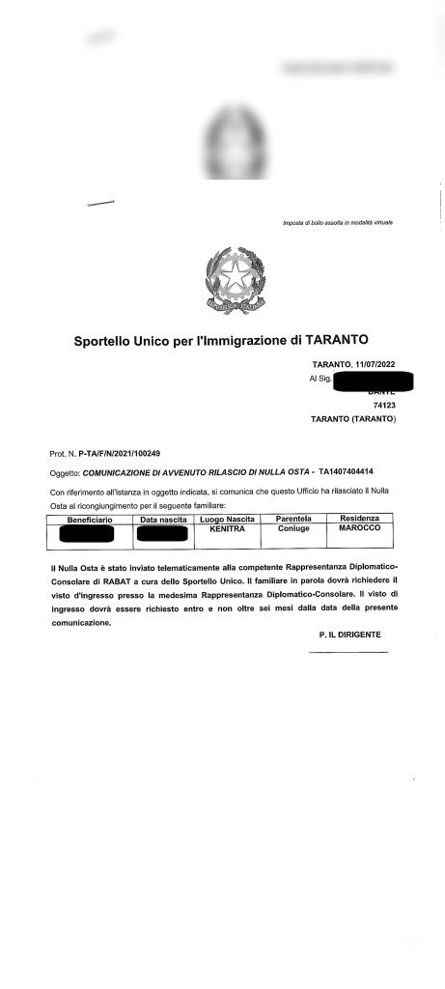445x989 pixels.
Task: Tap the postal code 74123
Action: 384,406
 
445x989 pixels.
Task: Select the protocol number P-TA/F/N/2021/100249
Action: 119,453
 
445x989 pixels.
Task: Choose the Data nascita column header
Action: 162,520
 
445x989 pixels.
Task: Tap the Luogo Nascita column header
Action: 231,520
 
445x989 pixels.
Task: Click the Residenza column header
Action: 359,520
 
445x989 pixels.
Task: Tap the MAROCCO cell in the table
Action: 359,529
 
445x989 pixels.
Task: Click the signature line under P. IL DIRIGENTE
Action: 348,653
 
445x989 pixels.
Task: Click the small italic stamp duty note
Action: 337,223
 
